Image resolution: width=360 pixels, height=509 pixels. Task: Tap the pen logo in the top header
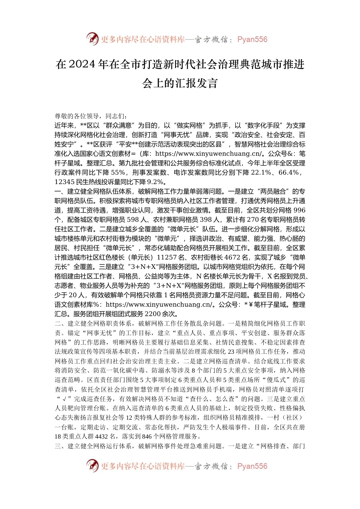click(x=92, y=39)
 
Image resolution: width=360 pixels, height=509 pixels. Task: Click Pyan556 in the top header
click(x=252, y=39)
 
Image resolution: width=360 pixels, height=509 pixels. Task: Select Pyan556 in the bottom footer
click(x=252, y=466)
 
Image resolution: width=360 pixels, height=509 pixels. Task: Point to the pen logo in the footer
click(x=92, y=465)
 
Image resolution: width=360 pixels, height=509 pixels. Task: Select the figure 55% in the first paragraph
click(x=119, y=172)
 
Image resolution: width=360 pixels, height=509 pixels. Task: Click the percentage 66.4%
click(x=289, y=172)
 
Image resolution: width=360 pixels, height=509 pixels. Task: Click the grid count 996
click(x=299, y=210)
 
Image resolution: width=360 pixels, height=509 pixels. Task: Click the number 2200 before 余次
click(x=153, y=314)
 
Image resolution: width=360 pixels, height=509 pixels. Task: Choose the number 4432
click(x=102, y=437)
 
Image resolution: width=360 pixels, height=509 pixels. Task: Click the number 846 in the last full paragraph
click(x=148, y=437)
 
